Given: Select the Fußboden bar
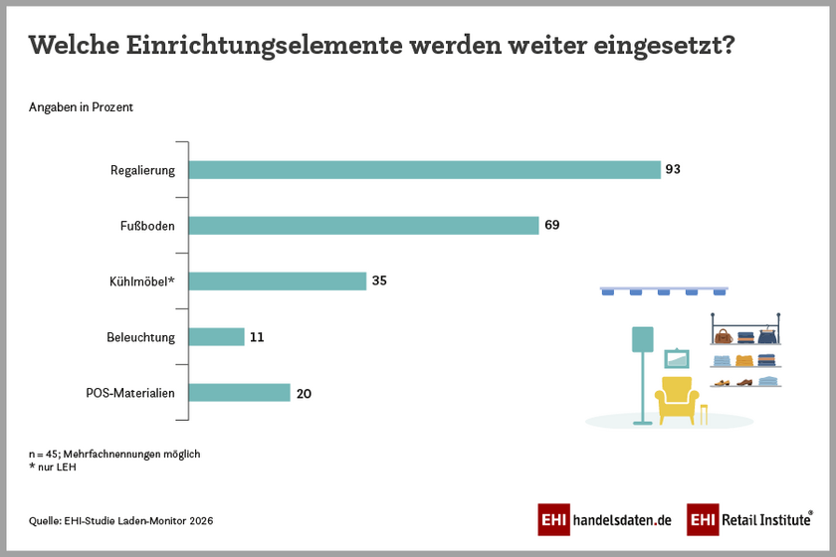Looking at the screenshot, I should (x=363, y=226).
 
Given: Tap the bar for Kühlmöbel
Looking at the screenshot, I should (x=278, y=281).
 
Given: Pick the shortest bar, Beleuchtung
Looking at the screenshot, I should (x=216, y=337).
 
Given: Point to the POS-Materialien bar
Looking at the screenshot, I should (x=239, y=393).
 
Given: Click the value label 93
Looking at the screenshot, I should (x=673, y=170).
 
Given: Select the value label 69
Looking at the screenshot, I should (x=551, y=226).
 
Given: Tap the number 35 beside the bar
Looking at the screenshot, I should (x=379, y=281).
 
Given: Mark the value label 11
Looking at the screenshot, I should (x=257, y=337).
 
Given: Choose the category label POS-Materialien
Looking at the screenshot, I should (x=130, y=393).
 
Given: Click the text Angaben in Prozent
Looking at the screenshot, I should (x=81, y=107).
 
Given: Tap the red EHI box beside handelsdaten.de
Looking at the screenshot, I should (x=553, y=519).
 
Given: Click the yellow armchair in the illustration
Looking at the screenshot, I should (x=677, y=398).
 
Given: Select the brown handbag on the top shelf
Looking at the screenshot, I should (x=722, y=336).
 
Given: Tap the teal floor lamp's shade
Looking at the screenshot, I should (x=642, y=340).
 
